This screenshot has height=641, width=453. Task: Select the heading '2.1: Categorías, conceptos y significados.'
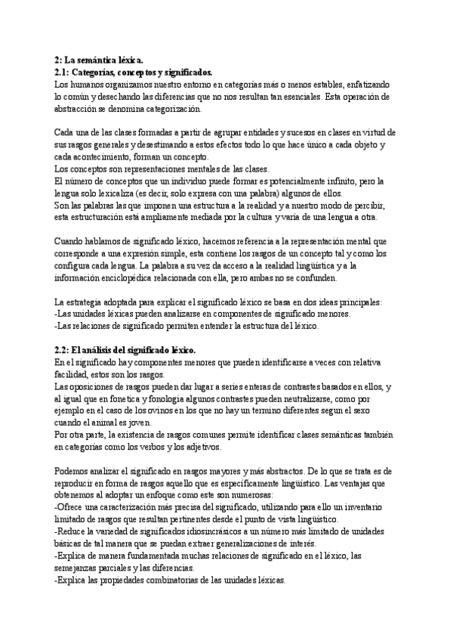click(134, 72)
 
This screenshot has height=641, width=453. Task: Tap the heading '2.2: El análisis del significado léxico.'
click(125, 351)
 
